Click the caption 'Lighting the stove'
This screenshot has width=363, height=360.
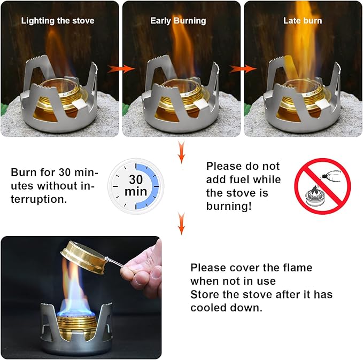[x=58, y=21]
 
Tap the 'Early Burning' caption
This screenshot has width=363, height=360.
[x=178, y=21]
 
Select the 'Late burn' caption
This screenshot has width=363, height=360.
[x=303, y=21]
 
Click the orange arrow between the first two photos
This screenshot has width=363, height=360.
[x=121, y=68]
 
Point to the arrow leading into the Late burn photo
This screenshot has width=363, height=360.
[x=242, y=68]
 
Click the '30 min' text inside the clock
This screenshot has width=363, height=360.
[x=136, y=185]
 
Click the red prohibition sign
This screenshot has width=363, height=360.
[x=322, y=186]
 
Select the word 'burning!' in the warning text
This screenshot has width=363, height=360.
[x=229, y=206]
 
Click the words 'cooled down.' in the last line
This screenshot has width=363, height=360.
[x=227, y=308]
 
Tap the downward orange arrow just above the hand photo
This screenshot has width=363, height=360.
[x=182, y=224]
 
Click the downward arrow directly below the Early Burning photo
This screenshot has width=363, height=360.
[x=182, y=152]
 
